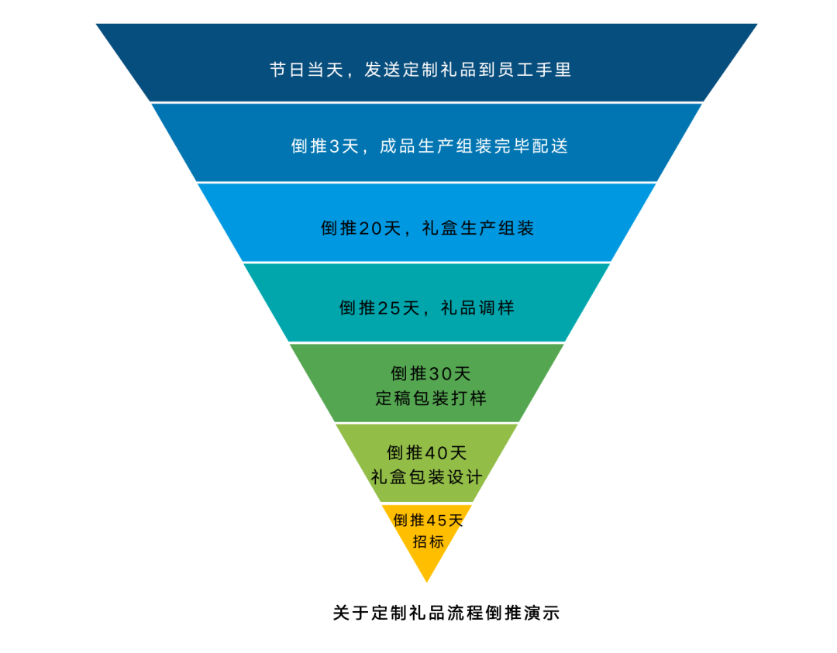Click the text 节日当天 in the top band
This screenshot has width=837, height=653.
pos(306,70)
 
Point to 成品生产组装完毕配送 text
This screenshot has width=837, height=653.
pos(474,146)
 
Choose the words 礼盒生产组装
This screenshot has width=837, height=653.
pos(478,229)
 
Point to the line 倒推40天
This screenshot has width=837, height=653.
pos(427,452)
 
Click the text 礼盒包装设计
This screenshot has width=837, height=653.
pos(427,476)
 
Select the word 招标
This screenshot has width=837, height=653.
pos(428,541)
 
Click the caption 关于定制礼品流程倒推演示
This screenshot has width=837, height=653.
pos(446,613)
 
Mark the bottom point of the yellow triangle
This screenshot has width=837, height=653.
pos(427,580)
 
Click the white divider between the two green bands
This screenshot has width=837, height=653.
pos(427,423)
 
